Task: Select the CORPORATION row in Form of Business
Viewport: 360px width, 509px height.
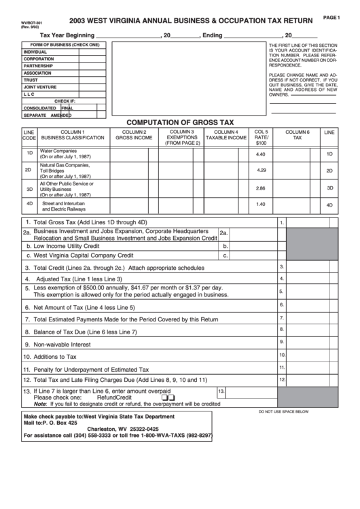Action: (x=39, y=58)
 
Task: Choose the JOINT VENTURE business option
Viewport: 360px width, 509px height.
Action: (x=40, y=87)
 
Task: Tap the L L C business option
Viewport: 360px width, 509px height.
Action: (x=33, y=94)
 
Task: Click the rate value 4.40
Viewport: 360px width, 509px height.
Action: (x=261, y=154)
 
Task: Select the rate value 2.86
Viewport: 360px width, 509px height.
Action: (x=261, y=188)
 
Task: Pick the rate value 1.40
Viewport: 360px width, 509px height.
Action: (x=261, y=204)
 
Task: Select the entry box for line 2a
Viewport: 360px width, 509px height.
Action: (x=251, y=234)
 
